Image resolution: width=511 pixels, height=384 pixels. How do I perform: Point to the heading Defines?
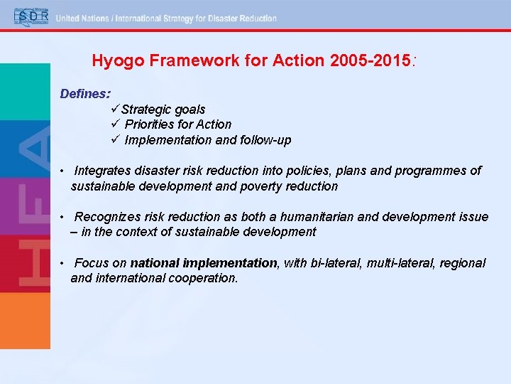tap(84, 93)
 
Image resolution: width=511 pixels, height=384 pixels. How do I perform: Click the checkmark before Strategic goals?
tap(115, 109)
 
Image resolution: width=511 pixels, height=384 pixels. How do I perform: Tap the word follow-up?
tap(265, 140)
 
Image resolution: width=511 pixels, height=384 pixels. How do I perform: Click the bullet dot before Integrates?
tap(63, 171)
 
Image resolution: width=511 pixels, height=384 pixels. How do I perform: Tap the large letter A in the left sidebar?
tap(33, 146)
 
